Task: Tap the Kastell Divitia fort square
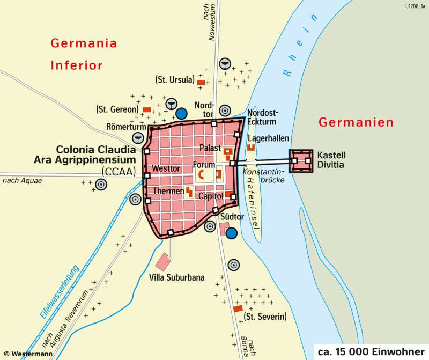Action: coord(301,160)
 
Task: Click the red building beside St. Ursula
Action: coord(201,82)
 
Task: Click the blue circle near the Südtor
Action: coord(231,233)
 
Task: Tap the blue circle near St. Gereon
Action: coord(182,113)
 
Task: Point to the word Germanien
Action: coord(356,122)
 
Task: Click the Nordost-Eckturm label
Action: coord(263,117)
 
